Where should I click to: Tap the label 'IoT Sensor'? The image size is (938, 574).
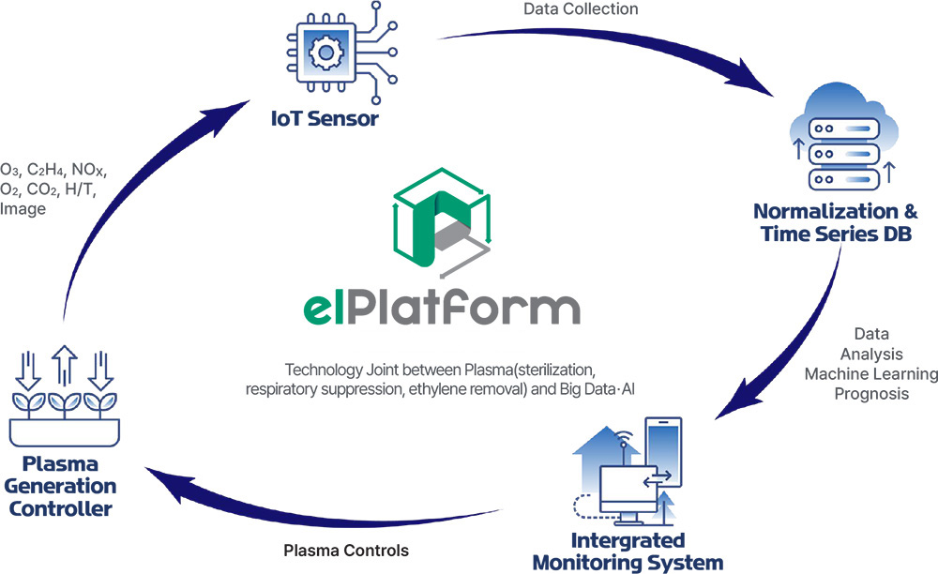[325, 118]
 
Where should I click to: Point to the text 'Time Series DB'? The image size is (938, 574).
[837, 234]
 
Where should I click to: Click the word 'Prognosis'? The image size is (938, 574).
[871, 394]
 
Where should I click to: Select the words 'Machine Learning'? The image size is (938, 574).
[871, 373]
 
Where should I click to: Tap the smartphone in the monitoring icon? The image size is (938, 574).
[663, 451]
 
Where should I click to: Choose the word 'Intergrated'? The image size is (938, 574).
[628, 540]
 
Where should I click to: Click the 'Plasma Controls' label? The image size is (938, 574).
[346, 551]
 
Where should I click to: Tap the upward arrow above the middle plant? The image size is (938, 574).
[64, 365]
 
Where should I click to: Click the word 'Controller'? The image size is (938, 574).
[60, 509]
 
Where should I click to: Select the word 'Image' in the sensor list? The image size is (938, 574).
[23, 208]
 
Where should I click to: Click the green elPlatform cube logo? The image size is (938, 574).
[442, 222]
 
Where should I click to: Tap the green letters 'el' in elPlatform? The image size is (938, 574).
[318, 309]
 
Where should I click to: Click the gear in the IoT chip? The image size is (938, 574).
[325, 52]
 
